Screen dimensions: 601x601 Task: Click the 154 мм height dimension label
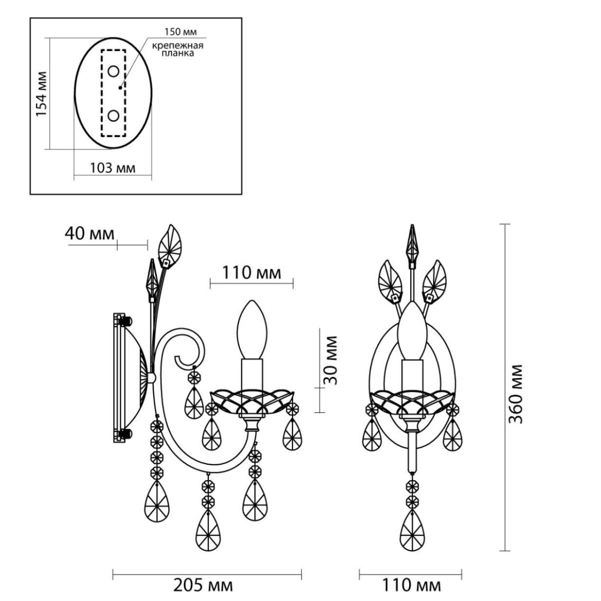click(41, 94)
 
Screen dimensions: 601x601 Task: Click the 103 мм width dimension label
click(113, 168)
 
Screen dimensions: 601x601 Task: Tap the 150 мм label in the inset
click(181, 32)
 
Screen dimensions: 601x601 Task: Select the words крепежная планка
click(177, 49)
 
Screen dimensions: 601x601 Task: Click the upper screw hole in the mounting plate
click(113, 72)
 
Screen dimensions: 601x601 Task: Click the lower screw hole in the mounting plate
click(113, 116)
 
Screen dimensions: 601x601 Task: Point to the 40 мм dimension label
click(90, 233)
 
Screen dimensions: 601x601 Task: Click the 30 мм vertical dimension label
click(331, 360)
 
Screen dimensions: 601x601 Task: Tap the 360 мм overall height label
click(515, 394)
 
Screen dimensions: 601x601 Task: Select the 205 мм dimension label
click(203, 585)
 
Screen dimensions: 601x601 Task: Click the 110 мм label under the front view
click(411, 585)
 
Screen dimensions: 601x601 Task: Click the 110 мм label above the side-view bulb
click(251, 273)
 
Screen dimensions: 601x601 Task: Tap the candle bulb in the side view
click(252, 330)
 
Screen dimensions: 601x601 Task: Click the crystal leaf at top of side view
click(169, 245)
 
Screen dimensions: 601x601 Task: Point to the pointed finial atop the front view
click(413, 243)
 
